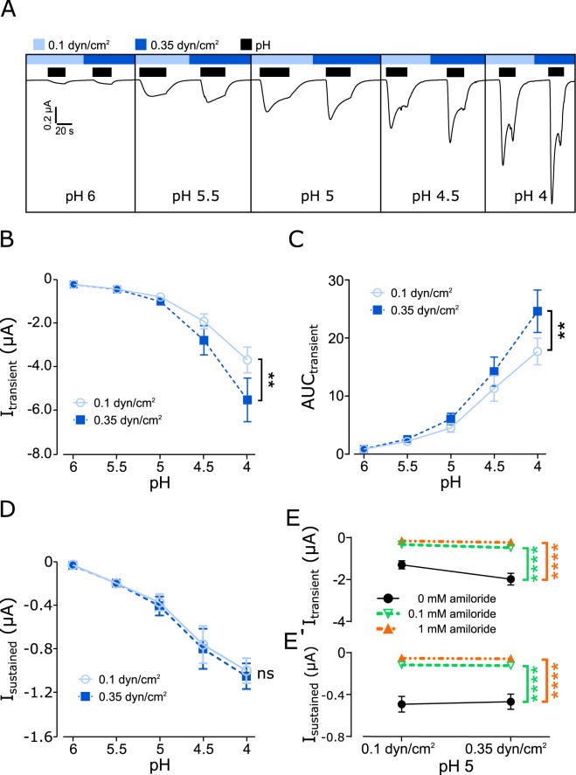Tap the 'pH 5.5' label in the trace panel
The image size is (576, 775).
pos(191,195)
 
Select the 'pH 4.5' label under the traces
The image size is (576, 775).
pos(433,195)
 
